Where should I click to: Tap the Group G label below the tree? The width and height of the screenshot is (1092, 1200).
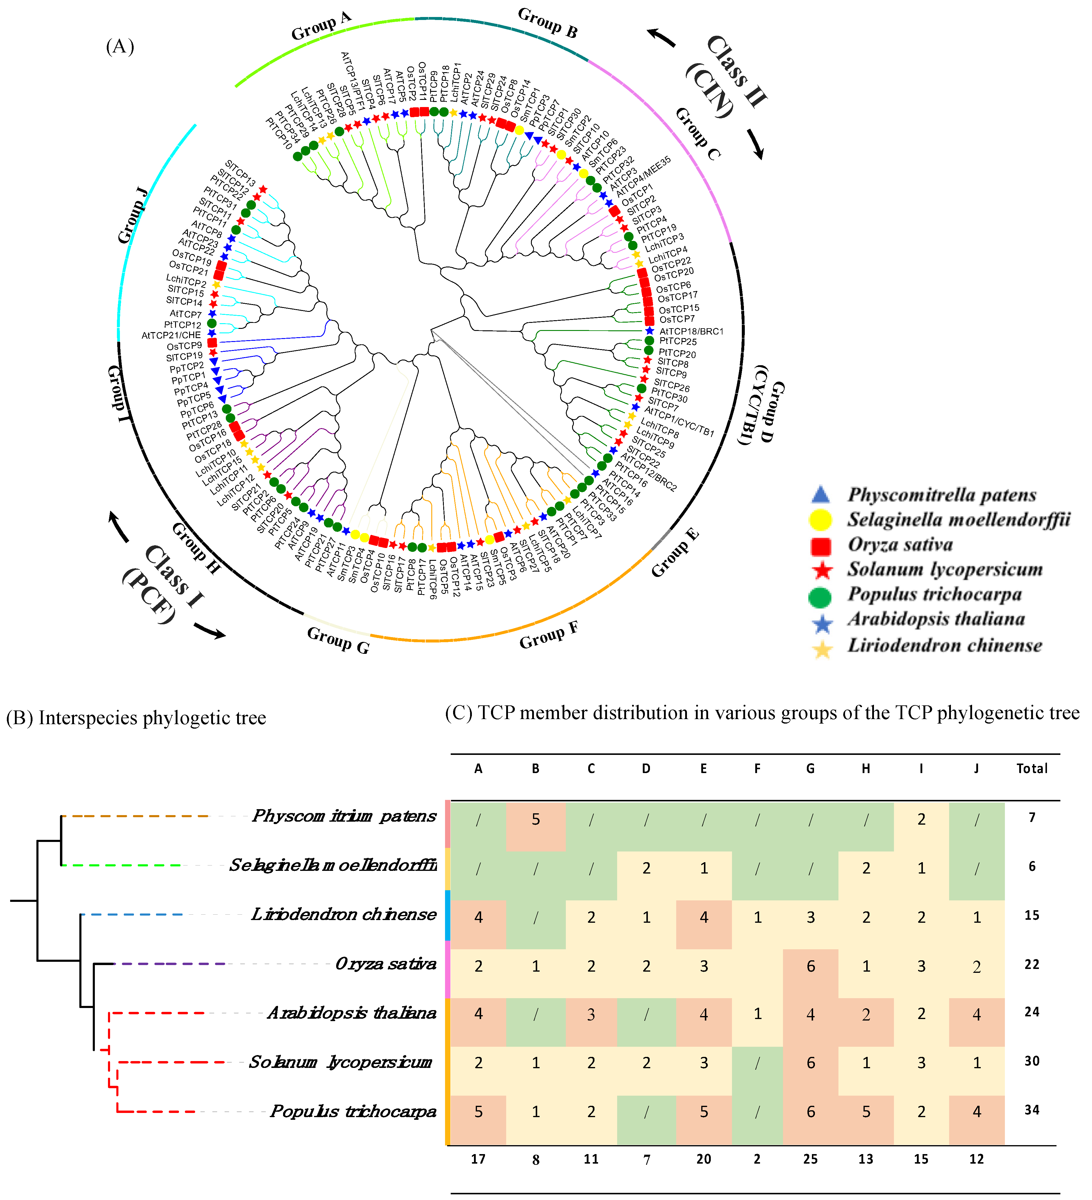click(338, 640)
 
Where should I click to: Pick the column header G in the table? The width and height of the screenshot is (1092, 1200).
click(810, 769)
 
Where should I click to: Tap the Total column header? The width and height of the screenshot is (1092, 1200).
click(1032, 769)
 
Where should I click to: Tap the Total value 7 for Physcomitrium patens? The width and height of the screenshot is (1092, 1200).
click(1032, 817)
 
